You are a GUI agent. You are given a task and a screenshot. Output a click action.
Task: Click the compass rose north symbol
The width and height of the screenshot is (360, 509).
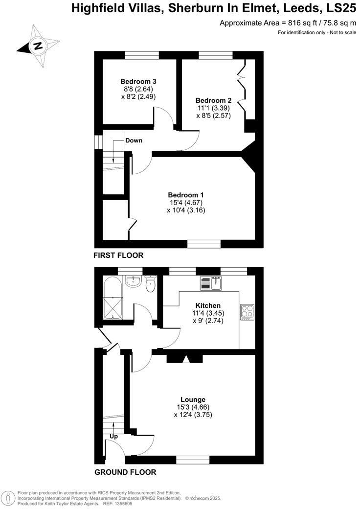coord(37,46)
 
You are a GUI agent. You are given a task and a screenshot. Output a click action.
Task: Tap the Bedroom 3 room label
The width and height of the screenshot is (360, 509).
coord(138,81)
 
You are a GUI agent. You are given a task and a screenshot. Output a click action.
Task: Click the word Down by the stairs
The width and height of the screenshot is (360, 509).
coord(134,140)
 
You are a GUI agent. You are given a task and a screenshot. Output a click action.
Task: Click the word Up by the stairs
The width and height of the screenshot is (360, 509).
coord(113,436)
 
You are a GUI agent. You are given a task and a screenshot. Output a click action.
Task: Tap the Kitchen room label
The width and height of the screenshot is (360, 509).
coord(208,305)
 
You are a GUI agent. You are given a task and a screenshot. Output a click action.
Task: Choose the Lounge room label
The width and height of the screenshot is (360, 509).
coord(193,399)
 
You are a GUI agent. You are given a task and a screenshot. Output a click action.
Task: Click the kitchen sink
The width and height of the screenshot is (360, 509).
coord(211,283)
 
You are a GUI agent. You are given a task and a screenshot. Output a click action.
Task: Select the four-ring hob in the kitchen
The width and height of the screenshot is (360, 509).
coord(247,312)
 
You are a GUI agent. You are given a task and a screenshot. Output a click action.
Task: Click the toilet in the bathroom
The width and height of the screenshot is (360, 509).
coord(150,283)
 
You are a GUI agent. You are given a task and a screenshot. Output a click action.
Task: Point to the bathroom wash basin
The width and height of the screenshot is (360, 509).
coord(133,281)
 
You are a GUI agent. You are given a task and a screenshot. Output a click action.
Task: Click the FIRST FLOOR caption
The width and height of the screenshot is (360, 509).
coord(119,255)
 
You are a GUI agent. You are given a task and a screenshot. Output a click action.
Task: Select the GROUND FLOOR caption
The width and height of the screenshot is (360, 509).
coord(125,472)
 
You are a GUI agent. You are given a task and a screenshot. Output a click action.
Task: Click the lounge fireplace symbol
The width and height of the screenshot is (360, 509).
coord(185,359)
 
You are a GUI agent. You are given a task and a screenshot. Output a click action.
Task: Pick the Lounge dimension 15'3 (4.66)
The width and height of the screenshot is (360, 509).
coord(193,407)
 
